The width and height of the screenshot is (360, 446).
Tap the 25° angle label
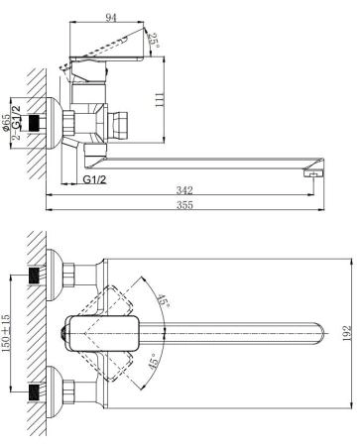(x=154, y=40)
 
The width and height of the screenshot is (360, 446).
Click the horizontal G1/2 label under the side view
(x=94, y=179)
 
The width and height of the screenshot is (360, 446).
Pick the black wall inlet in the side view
(x=40, y=124)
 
